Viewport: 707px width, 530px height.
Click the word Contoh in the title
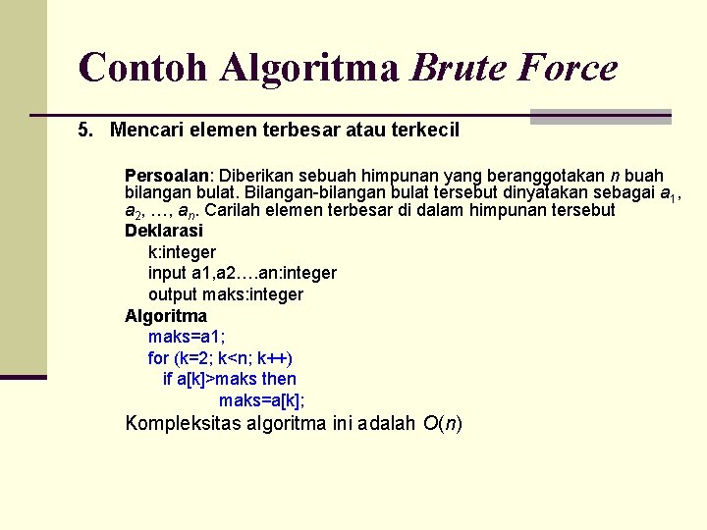tap(144, 67)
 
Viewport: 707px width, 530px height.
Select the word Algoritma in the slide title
tap(309, 67)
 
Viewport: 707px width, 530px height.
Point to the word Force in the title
tap(571, 67)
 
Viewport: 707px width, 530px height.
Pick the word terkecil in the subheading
tap(424, 130)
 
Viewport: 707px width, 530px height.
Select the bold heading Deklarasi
tap(163, 231)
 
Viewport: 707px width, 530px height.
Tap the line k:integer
tap(182, 252)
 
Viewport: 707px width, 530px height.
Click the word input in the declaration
tap(166, 273)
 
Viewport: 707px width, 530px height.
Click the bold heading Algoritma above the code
tap(165, 316)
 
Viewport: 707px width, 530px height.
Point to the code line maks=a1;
tap(186, 337)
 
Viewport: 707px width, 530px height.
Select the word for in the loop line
tap(158, 358)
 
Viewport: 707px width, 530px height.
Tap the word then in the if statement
tap(279, 379)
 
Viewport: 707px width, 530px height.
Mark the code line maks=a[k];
tap(261, 400)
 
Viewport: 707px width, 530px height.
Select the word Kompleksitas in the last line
tap(184, 424)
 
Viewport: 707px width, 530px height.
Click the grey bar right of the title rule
tap(600, 116)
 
